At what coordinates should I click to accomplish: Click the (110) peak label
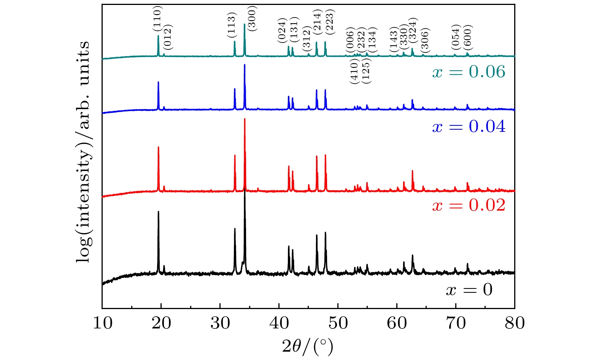tap(157, 19)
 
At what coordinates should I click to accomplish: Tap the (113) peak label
tap(232, 25)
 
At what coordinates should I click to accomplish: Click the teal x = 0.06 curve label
tap(469, 72)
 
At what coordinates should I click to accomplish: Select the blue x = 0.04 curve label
tap(469, 127)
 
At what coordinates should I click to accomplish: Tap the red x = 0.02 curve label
tap(469, 205)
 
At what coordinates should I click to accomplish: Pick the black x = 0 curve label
tap(469, 290)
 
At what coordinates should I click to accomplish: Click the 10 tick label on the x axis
tap(102, 323)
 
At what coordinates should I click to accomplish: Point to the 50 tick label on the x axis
tap(338, 323)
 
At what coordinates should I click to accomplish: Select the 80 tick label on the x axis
tap(514, 323)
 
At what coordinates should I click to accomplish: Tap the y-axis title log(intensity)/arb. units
tap(83, 151)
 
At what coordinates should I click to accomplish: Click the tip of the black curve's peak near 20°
tap(158, 211)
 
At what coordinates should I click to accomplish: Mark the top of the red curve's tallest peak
tap(245, 119)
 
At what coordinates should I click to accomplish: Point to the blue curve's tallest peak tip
tap(245, 65)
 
